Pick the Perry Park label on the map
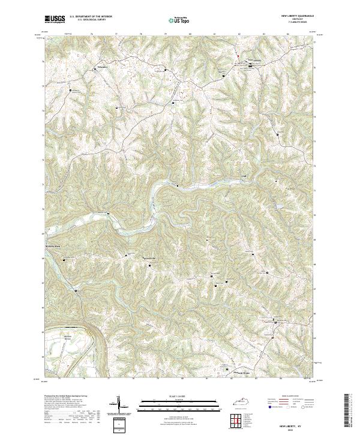[x=54, y=247]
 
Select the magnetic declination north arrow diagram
[x=118, y=404]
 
